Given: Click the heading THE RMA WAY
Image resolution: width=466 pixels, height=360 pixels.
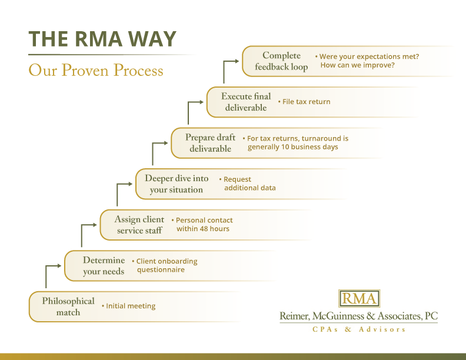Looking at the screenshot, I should click(102, 39).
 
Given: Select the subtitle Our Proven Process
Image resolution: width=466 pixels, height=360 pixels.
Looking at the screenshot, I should click(96, 71).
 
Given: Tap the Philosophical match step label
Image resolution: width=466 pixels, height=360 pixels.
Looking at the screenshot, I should click(68, 306).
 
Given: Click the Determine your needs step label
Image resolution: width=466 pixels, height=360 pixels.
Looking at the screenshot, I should click(104, 266).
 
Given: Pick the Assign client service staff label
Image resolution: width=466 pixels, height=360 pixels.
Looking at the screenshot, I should click(139, 225).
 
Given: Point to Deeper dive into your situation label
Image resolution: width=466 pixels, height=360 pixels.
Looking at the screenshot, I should click(177, 184).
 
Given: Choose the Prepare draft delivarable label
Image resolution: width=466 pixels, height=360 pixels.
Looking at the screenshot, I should click(210, 143).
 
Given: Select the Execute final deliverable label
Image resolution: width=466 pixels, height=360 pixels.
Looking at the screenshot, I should click(246, 102).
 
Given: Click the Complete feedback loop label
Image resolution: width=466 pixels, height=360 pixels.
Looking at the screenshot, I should click(281, 61).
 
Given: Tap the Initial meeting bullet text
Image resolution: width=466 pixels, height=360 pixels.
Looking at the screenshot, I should click(131, 306).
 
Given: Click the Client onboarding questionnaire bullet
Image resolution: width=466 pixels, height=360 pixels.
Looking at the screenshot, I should click(167, 265).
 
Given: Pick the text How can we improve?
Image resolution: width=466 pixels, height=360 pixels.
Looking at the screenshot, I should click(357, 65).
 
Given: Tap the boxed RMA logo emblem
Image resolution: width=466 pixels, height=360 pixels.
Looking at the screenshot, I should click(359, 298).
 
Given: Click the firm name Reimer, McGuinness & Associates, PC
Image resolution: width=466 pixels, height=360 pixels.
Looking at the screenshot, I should click(358, 316).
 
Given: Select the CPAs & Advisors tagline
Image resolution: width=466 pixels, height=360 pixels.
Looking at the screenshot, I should click(358, 329).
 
